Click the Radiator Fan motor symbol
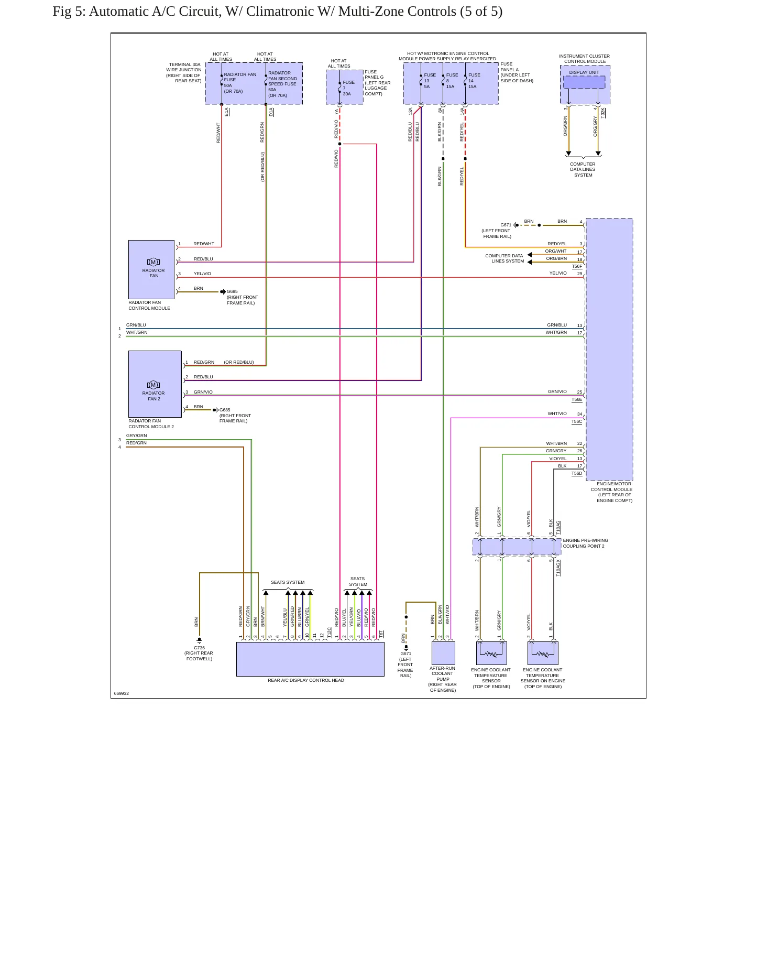pos(153,262)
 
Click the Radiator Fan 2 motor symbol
pos(153,385)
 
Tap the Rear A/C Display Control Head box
pos(310,659)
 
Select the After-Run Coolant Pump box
pos(443,653)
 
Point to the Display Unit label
pos(584,72)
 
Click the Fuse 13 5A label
pos(430,81)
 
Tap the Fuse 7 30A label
pos(348,88)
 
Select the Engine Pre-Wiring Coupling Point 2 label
pos(585,543)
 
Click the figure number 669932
pos(122,693)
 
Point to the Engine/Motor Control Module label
pos(611,492)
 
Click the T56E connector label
pos(577,400)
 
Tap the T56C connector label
pos(577,421)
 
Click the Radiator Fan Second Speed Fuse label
pos(282,84)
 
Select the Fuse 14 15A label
pos(474,81)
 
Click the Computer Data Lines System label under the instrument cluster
pos(583,169)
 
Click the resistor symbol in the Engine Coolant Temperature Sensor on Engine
pos(543,654)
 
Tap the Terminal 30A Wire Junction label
pos(184,73)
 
